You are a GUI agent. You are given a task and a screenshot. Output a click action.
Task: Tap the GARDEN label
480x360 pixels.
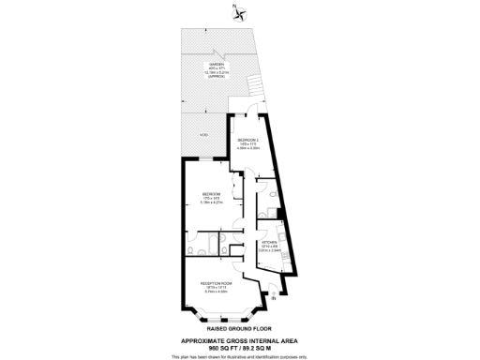click(217, 63)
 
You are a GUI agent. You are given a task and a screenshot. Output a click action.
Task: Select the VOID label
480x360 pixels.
click(203, 136)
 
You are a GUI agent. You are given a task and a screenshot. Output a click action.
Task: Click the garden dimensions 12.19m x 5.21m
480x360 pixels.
click(217, 71)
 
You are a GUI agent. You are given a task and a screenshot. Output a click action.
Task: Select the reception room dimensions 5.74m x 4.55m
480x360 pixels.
click(216, 292)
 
